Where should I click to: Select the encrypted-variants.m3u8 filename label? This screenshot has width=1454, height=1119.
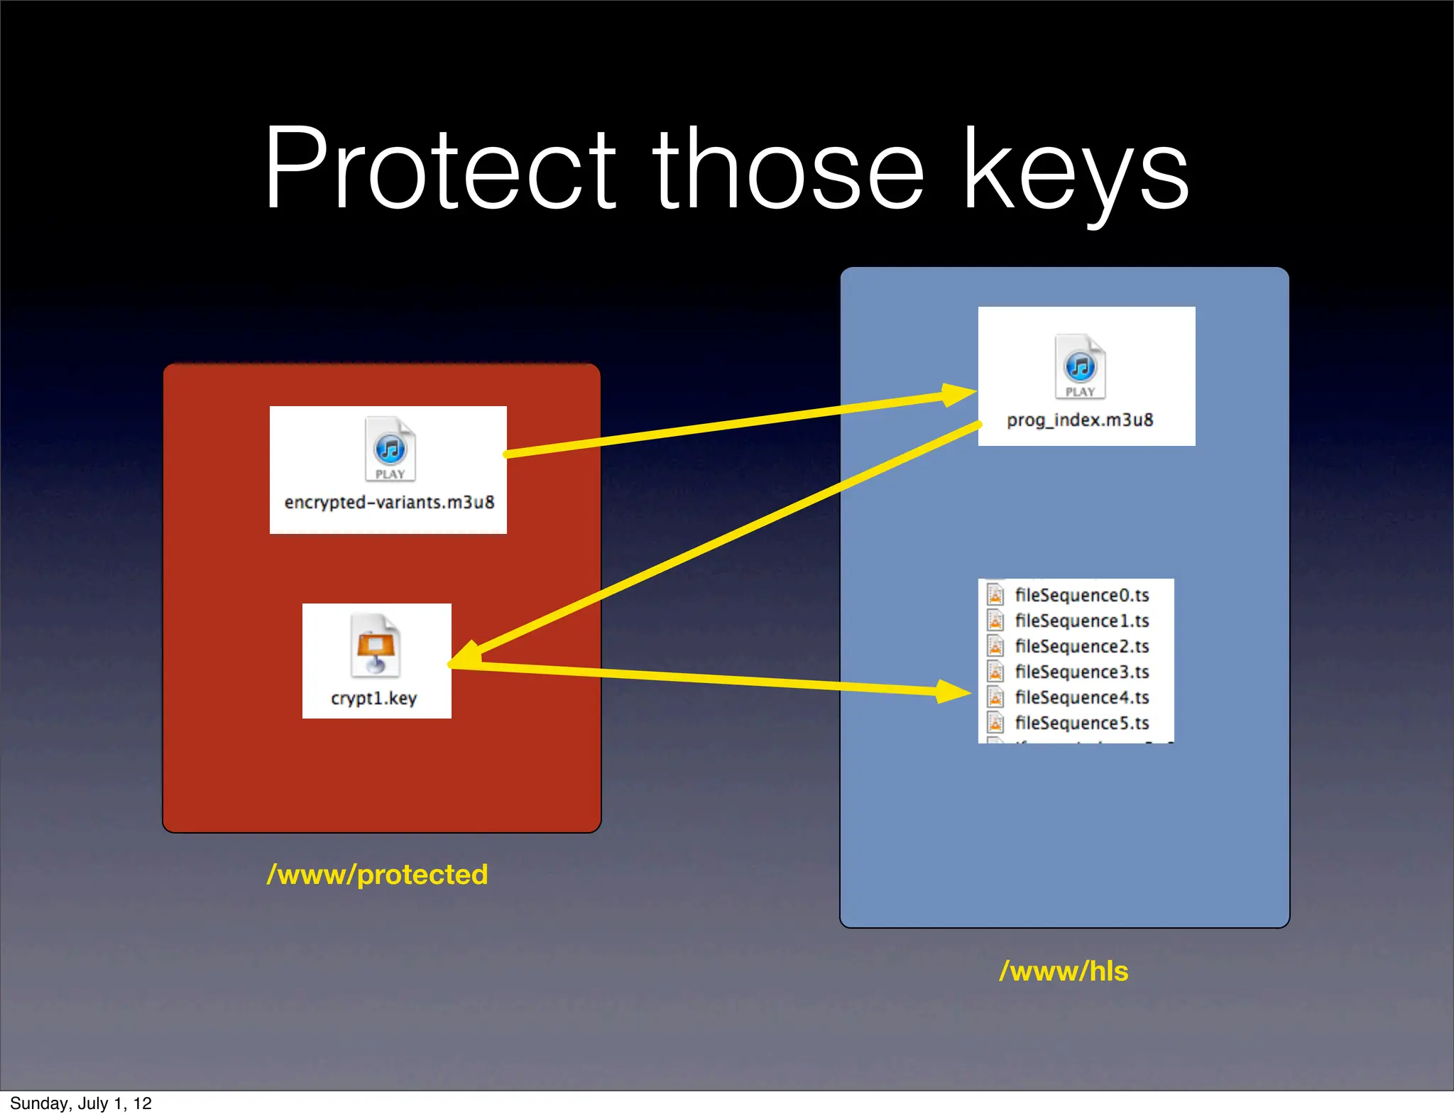click(x=389, y=503)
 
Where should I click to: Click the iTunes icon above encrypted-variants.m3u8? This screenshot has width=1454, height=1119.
click(x=390, y=449)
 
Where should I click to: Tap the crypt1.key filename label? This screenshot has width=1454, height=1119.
click(x=374, y=699)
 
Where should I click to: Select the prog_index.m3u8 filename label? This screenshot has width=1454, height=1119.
click(x=1080, y=420)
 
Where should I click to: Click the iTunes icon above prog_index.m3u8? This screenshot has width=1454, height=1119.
click(x=1080, y=367)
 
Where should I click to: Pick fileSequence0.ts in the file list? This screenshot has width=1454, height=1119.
click(x=1081, y=595)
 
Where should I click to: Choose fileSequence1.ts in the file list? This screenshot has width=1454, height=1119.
click(x=1081, y=621)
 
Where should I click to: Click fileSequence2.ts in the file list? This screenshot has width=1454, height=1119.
click(x=1081, y=646)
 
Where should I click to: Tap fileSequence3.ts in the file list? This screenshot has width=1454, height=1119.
click(x=1081, y=672)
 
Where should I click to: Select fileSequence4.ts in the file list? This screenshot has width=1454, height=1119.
click(x=1081, y=697)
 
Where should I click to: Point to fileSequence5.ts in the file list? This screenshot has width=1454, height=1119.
click(x=1081, y=723)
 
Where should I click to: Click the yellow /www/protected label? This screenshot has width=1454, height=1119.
click(x=377, y=875)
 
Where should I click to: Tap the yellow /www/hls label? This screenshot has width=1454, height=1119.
click(x=1064, y=971)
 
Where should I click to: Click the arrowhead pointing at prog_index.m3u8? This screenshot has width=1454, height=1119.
click(x=958, y=394)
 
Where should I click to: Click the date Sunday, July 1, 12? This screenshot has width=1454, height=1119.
click(x=81, y=1103)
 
